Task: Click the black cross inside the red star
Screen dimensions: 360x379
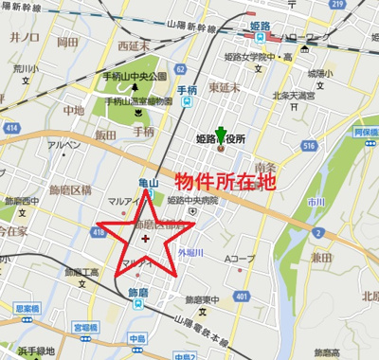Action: pyautogui.click(x=144, y=239)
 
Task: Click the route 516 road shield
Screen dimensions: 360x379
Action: pyautogui.click(x=309, y=147)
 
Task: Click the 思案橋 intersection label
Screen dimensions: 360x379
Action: pyautogui.click(x=26, y=308)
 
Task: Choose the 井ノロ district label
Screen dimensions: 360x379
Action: pyautogui.click(x=22, y=38)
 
